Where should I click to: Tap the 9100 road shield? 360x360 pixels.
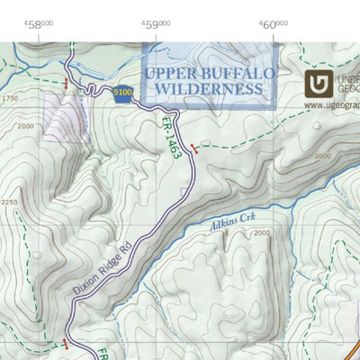point(124,92)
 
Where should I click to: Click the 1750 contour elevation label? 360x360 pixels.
point(10,97)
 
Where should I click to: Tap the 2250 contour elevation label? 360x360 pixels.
point(9,202)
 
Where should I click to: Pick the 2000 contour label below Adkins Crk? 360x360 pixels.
point(261,233)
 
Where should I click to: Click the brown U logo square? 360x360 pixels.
point(319,85)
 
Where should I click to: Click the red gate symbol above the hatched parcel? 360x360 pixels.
point(66,84)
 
